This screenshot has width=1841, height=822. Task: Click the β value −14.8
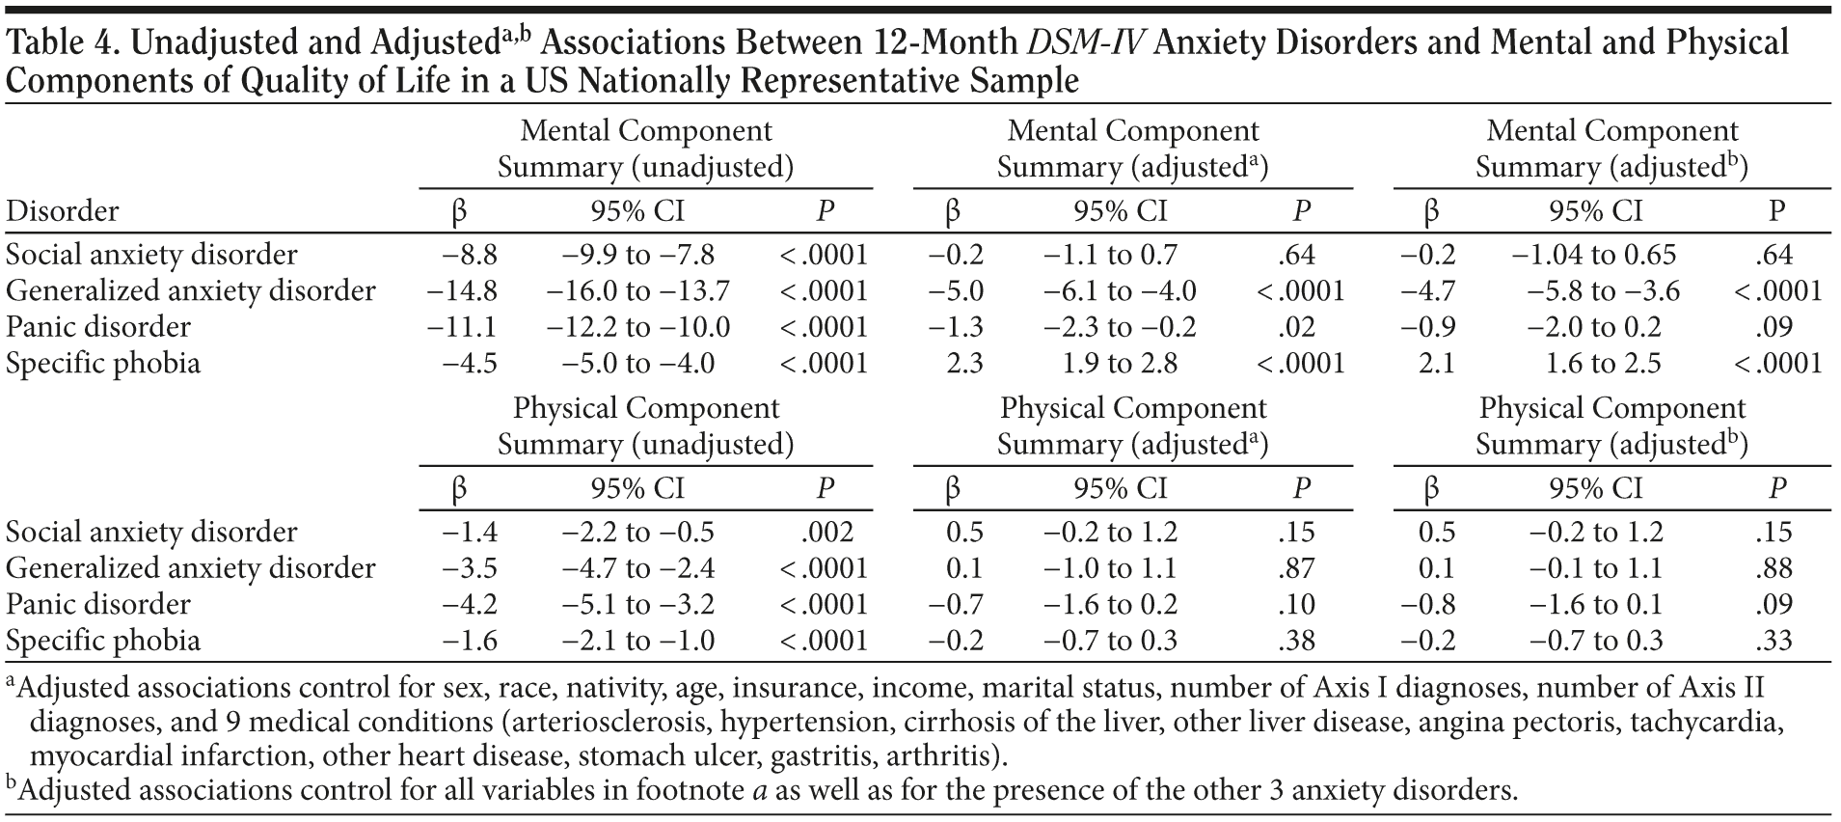click(x=463, y=291)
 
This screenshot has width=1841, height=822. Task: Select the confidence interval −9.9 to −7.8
click(x=637, y=255)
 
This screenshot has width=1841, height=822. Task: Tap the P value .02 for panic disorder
click(x=1300, y=327)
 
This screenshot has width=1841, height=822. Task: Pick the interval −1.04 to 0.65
click(x=1593, y=255)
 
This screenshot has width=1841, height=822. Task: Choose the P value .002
click(x=826, y=533)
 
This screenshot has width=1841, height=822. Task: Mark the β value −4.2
click(x=470, y=605)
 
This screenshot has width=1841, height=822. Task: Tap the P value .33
click(x=1775, y=641)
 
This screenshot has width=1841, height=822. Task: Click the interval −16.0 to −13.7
click(x=637, y=291)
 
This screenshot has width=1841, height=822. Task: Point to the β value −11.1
click(x=463, y=327)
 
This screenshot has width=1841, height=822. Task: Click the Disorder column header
click(x=63, y=211)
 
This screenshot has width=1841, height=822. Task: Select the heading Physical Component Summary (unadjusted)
click(x=645, y=426)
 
